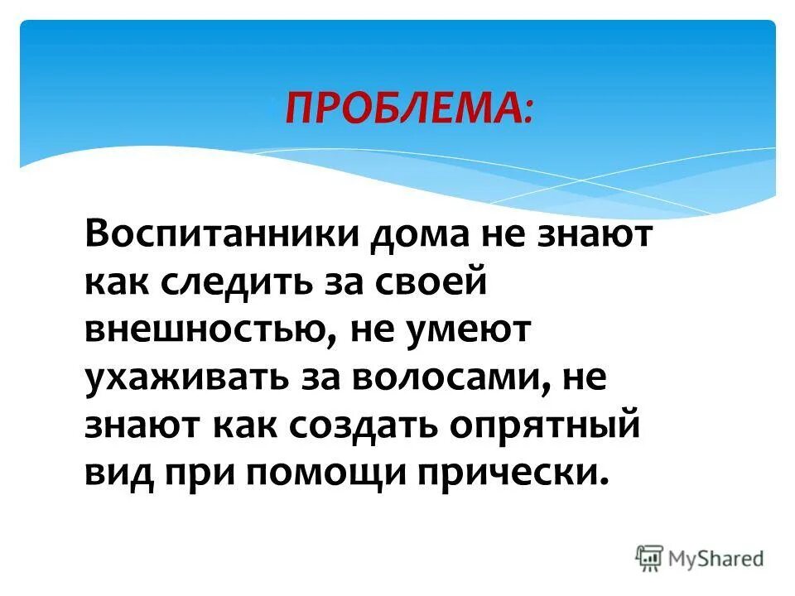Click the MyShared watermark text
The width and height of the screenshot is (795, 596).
click(716, 558)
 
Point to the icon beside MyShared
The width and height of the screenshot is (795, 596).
click(648, 558)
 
